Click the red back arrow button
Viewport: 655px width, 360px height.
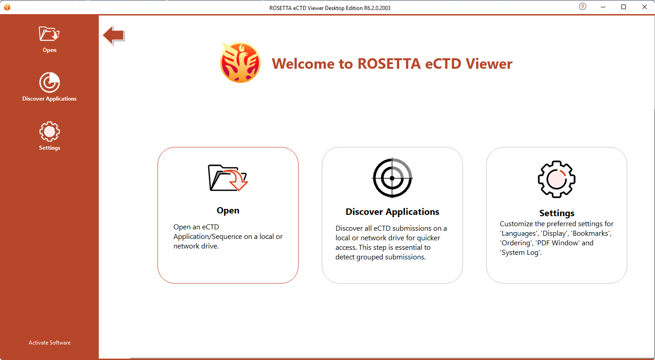tap(114, 35)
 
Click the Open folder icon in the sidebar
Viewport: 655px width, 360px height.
tap(49, 34)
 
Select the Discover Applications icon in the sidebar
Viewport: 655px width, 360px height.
tap(50, 82)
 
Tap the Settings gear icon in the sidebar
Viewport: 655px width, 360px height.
tap(50, 132)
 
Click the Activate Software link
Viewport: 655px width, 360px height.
tap(50, 342)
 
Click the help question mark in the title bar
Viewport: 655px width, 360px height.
tap(583, 7)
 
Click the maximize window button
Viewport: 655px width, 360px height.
tap(624, 7)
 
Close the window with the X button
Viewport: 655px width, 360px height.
tap(645, 7)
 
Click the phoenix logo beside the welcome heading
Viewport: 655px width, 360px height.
tap(240, 62)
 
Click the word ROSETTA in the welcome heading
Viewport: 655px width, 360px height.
tap(389, 63)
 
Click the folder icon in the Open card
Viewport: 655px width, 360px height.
tap(228, 178)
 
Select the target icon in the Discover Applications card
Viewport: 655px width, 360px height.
tap(392, 178)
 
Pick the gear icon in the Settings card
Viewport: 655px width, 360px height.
tap(557, 179)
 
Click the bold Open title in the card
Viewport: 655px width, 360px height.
tap(228, 211)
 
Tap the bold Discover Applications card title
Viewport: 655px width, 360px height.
tap(392, 212)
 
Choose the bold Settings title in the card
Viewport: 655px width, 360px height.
tap(557, 213)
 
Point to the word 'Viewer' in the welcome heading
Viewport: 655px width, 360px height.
tap(489, 63)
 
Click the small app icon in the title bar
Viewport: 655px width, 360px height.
tap(7, 7)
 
